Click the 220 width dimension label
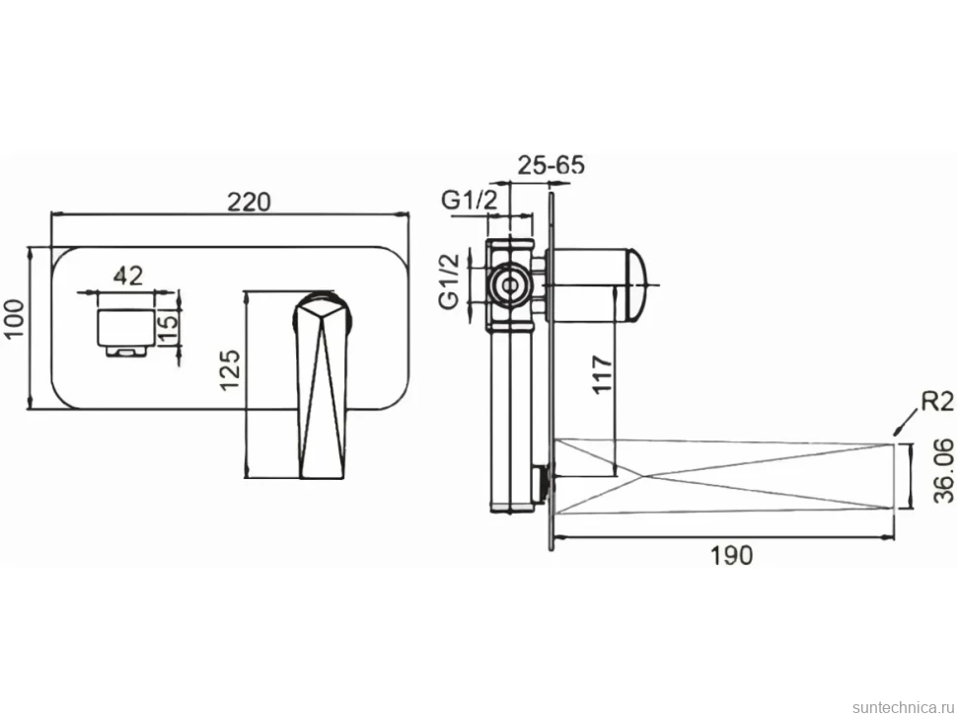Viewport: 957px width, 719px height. tap(249, 200)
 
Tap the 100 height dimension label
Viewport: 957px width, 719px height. tap(14, 318)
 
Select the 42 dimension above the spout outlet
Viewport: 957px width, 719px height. tap(129, 276)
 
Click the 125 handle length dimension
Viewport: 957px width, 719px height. tap(230, 369)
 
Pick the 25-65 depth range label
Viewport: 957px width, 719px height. tap(552, 165)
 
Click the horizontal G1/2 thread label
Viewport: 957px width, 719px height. tap(470, 200)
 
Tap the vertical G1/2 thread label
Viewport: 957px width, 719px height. tap(451, 282)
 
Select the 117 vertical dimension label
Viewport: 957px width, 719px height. tap(603, 374)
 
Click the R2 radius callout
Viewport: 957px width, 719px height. tap(937, 402)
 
